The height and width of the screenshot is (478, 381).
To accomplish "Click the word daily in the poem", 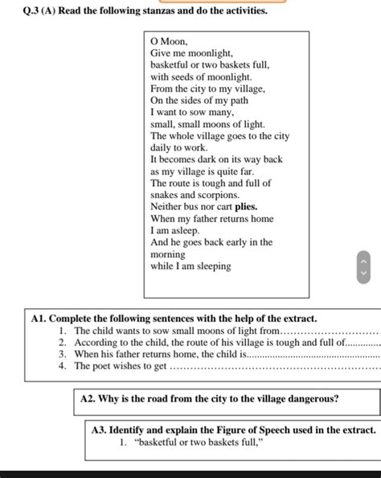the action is click(162, 148).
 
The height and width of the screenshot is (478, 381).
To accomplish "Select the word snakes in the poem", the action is click(165, 195).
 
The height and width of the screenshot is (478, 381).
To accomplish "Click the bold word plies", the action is click(246, 207).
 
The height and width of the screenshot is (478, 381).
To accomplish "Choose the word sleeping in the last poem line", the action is click(209, 266).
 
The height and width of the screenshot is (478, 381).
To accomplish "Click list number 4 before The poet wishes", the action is click(62, 365).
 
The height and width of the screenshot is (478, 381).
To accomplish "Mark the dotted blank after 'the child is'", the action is click(313, 355).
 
